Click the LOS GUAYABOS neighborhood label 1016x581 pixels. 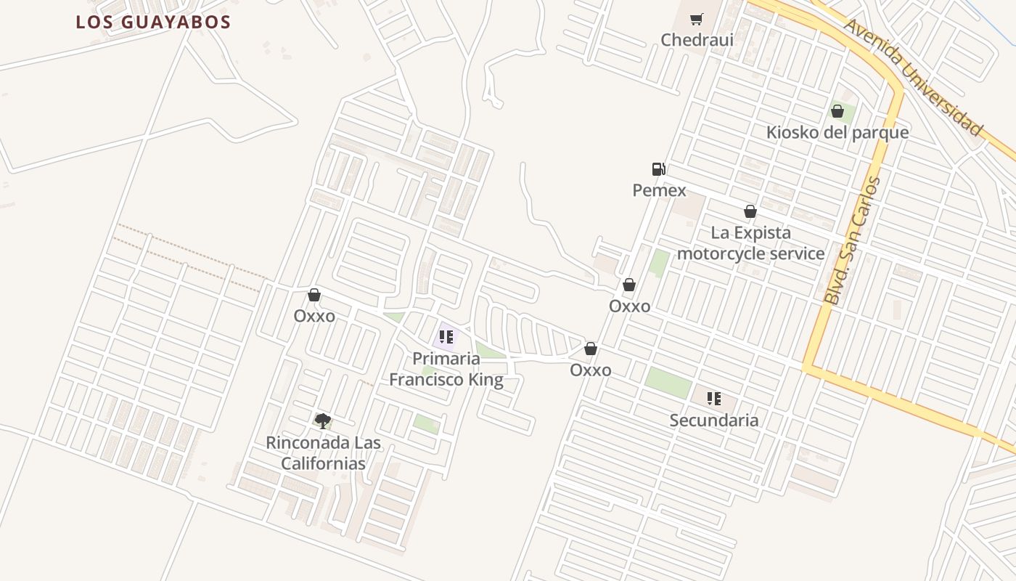[x=153, y=22]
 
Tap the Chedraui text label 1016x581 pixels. [x=697, y=40]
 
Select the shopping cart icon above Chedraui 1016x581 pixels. [x=697, y=20]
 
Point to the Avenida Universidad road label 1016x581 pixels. [x=912, y=76]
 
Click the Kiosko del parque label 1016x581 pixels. [x=837, y=132]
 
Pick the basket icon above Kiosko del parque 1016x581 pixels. [x=837, y=111]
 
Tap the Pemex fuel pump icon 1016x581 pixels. [x=658, y=169]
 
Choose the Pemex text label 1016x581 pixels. [x=659, y=190]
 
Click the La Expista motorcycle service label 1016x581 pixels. [x=750, y=243]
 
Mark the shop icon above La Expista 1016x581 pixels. [x=750, y=211]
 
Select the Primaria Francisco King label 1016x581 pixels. [x=446, y=369]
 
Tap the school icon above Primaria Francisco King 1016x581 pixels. [x=446, y=337]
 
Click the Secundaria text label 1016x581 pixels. [x=714, y=420]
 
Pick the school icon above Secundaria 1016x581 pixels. [x=714, y=398]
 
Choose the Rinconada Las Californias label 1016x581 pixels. [x=323, y=452]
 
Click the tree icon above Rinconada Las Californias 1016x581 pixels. [x=323, y=420]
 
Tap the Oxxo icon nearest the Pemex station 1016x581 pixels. [x=629, y=285]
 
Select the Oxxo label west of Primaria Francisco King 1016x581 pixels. [x=314, y=316]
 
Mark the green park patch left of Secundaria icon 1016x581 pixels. [x=668, y=382]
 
